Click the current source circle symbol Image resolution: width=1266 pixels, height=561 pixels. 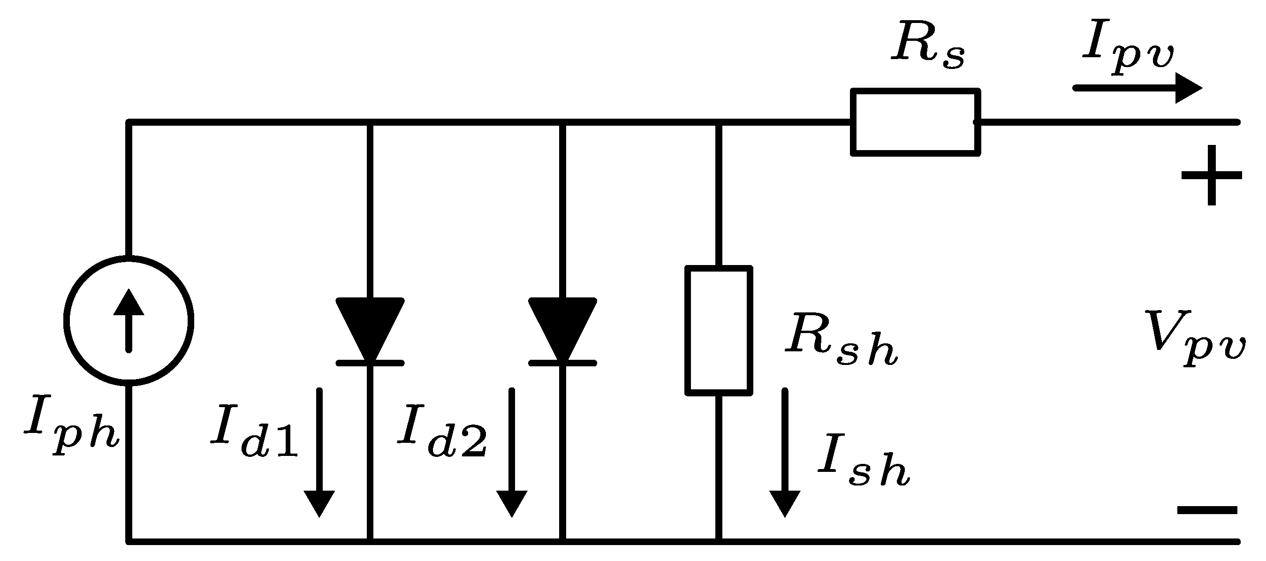(x=129, y=320)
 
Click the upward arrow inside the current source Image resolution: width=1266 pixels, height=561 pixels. (x=129, y=319)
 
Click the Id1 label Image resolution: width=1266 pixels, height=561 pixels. (x=255, y=431)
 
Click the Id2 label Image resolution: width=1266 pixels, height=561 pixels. (x=442, y=431)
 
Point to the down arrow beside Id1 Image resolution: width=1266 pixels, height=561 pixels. (x=319, y=452)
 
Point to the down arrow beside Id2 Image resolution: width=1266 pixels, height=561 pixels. (x=512, y=452)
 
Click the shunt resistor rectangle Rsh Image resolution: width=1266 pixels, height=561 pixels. (x=719, y=330)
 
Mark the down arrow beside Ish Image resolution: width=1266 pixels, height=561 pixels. (x=784, y=452)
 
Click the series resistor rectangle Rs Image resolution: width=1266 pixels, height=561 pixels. (x=915, y=122)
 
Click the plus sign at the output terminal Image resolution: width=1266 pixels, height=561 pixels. (x=1212, y=175)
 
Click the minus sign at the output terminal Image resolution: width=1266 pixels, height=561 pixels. (x=1207, y=510)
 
